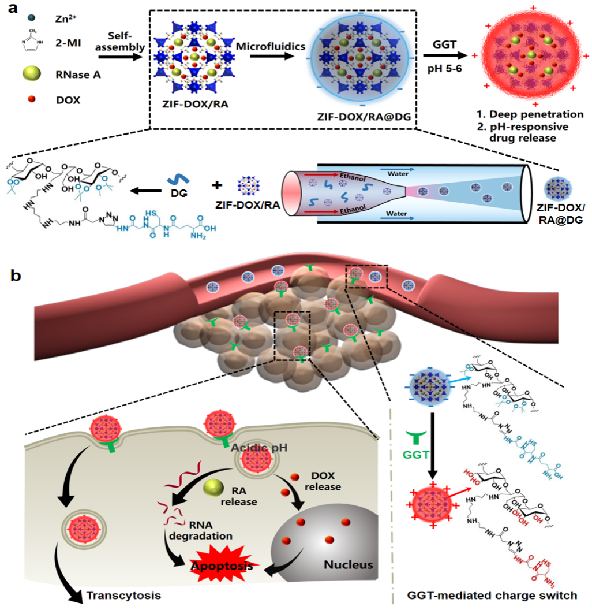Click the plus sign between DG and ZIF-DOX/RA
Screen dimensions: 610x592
(218, 185)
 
